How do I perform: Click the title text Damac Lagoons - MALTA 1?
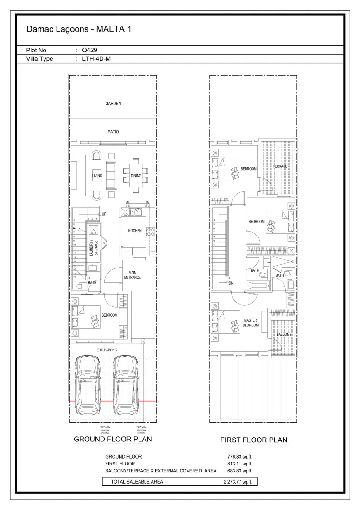(x=79, y=30)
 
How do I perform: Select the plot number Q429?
(x=89, y=51)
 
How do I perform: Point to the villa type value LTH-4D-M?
(x=96, y=59)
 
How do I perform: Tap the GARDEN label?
(x=113, y=104)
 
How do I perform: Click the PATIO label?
(x=113, y=132)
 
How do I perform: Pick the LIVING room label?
(x=97, y=176)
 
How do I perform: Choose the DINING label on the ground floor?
(x=136, y=176)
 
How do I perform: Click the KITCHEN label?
(x=135, y=231)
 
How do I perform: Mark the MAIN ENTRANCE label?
(x=132, y=275)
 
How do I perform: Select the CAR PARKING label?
(x=107, y=350)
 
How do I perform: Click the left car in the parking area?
(x=88, y=385)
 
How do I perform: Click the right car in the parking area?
(x=125, y=385)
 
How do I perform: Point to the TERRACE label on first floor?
(x=280, y=166)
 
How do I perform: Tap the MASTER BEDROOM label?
(x=250, y=323)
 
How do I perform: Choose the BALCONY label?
(x=284, y=334)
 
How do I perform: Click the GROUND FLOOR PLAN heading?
(x=113, y=439)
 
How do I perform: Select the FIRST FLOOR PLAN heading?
(x=253, y=440)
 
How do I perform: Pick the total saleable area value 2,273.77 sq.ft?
(x=237, y=482)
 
